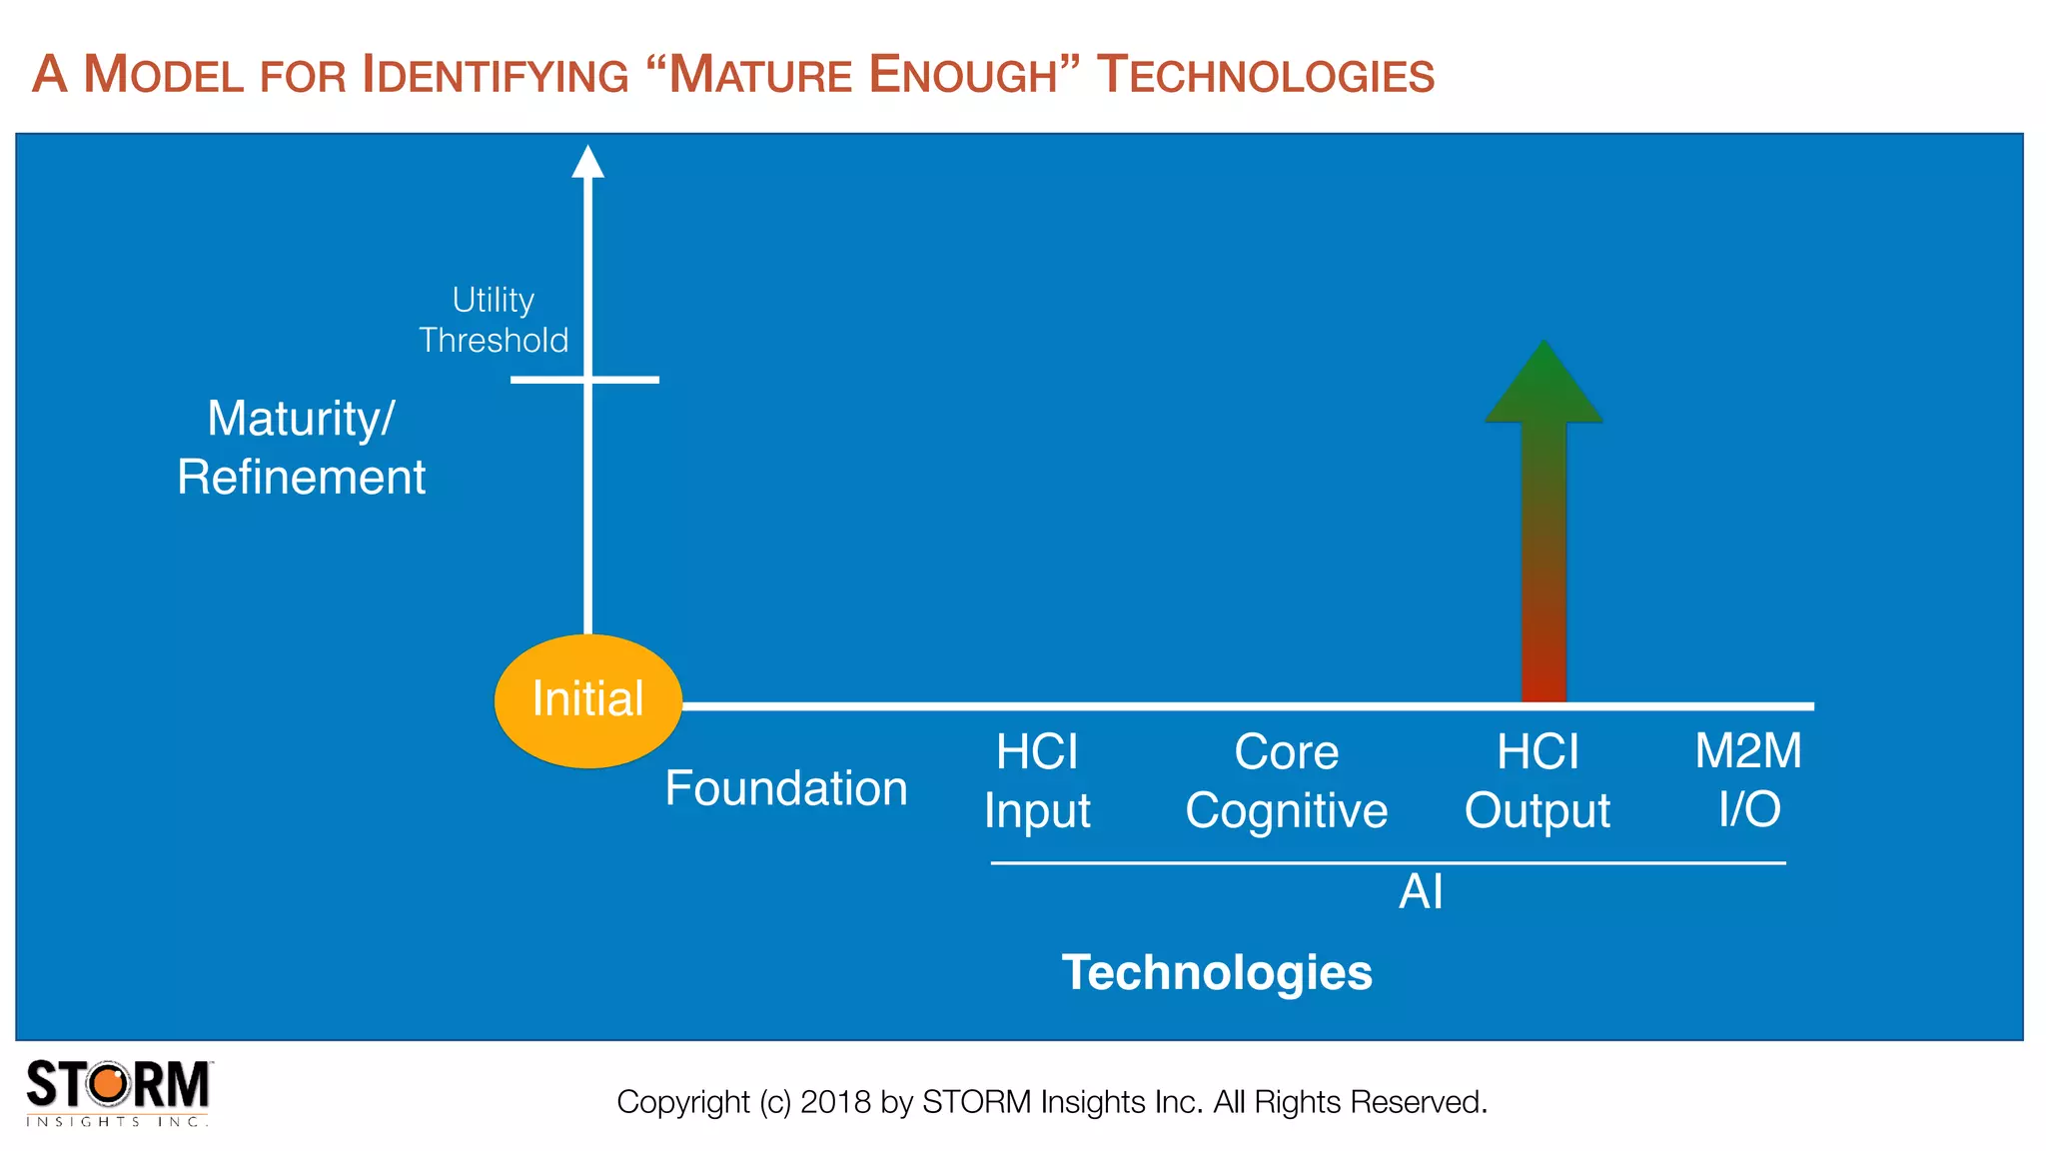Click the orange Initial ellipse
[x=587, y=700]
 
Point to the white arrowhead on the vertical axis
[x=587, y=162]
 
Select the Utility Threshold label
[x=494, y=320]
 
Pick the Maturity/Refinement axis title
[x=301, y=447]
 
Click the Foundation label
[x=786, y=788]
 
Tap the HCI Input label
[x=1037, y=780]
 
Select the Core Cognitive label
[x=1286, y=780]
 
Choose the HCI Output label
[x=1537, y=780]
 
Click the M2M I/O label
[x=1748, y=779]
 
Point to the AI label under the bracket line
[x=1421, y=891]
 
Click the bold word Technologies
[x=1217, y=972]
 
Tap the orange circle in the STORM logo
[x=109, y=1084]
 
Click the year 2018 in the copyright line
[x=836, y=1102]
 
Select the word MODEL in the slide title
[x=164, y=76]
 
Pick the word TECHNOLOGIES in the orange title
[x=1266, y=76]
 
